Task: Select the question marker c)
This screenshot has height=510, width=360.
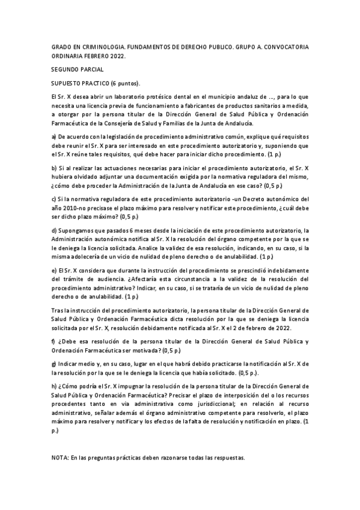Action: click(x=54, y=198)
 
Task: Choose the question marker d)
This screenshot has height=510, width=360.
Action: click(x=54, y=230)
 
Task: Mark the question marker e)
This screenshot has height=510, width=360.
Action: click(x=54, y=269)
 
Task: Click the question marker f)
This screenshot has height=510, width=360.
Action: click(x=53, y=342)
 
